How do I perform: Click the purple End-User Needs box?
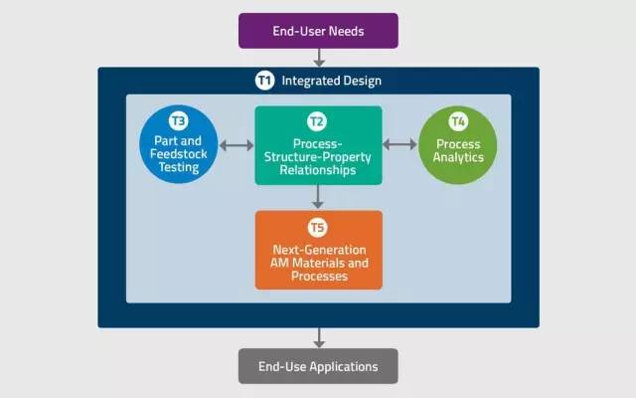point(318,31)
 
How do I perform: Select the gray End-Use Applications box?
point(318,366)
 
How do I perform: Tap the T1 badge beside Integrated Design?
point(264,81)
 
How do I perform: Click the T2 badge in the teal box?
point(317,121)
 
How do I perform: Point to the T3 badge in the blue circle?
point(178,121)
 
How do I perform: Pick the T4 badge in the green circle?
point(457,121)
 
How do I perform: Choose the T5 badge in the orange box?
point(317,226)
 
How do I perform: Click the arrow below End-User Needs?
point(318,58)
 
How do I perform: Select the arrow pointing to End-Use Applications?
point(318,337)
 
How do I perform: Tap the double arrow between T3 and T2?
point(237,145)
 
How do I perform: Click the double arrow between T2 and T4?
point(399,145)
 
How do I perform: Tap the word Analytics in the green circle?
point(457,156)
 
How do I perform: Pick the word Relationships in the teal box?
point(318,170)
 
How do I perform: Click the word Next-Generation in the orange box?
point(319,249)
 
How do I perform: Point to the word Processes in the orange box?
point(318,276)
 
